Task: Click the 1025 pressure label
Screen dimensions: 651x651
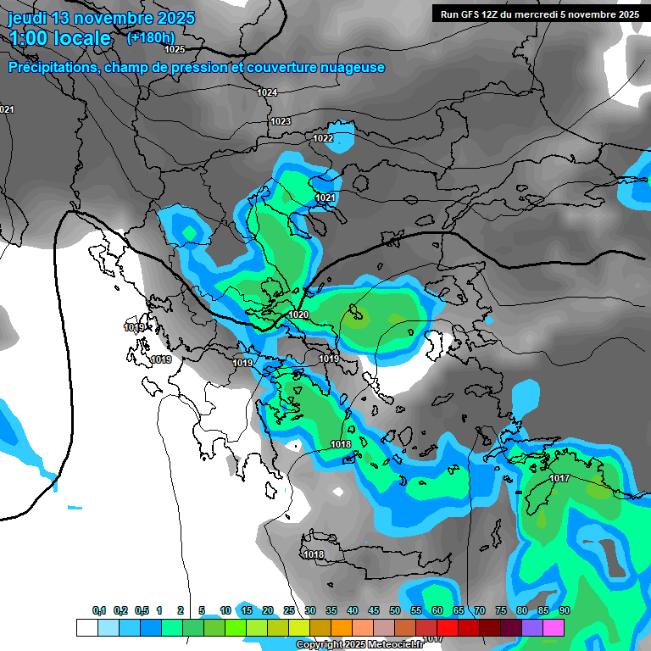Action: click(175, 49)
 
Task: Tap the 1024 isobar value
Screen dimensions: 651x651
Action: click(267, 92)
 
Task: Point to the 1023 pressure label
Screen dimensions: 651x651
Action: click(281, 121)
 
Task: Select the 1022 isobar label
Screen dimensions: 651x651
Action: click(323, 138)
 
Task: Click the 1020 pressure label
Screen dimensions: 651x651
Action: click(298, 314)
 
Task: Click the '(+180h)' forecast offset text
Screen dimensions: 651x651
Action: click(150, 37)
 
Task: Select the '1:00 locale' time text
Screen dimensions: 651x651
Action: click(60, 38)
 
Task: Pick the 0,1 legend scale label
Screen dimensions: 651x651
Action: click(99, 610)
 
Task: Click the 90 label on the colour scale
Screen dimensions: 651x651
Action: click(565, 610)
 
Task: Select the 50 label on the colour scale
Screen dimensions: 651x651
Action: click(395, 610)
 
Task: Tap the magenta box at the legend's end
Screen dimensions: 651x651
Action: click(553, 627)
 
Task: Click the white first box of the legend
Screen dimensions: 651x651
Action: click(86, 627)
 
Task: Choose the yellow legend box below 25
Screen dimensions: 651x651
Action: click(298, 627)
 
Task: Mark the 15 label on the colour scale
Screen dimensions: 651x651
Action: click(247, 610)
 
